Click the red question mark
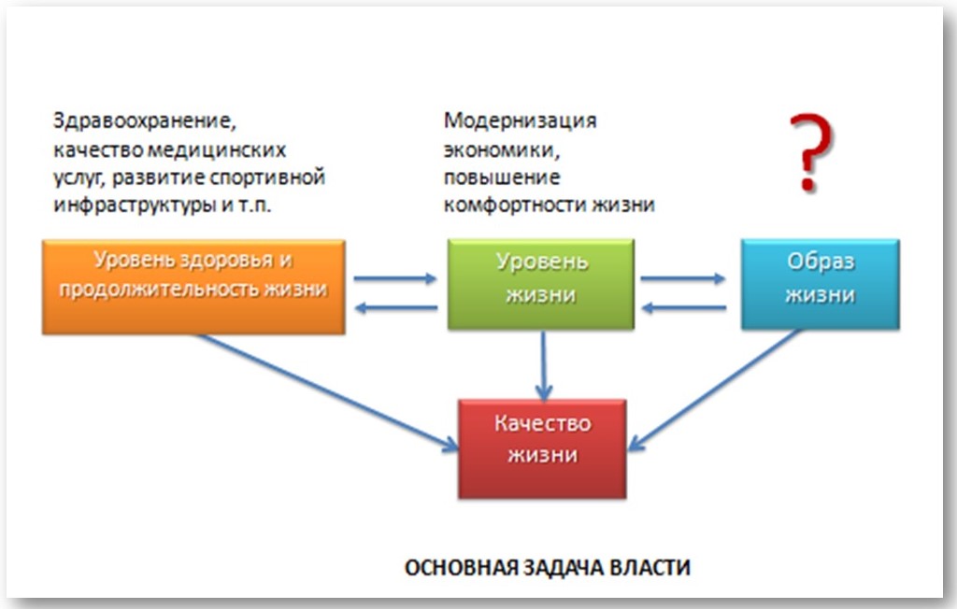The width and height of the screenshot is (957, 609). click(x=810, y=152)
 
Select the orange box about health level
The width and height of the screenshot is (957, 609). click(x=193, y=287)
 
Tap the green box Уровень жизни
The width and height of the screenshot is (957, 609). click(x=541, y=284)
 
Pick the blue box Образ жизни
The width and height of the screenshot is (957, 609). click(x=821, y=284)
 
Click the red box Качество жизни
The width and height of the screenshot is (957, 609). click(x=542, y=449)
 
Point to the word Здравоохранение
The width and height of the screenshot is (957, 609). click(x=144, y=120)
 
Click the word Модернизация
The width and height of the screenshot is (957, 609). click(x=520, y=120)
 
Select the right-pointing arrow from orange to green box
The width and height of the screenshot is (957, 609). click(x=395, y=279)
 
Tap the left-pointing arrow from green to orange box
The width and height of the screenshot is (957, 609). click(x=395, y=308)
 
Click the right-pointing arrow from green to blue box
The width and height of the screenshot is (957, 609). click(x=683, y=279)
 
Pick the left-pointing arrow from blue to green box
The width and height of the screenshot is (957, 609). click(x=683, y=308)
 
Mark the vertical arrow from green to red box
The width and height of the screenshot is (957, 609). click(x=543, y=365)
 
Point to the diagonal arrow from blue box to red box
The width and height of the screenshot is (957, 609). click(x=714, y=390)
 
